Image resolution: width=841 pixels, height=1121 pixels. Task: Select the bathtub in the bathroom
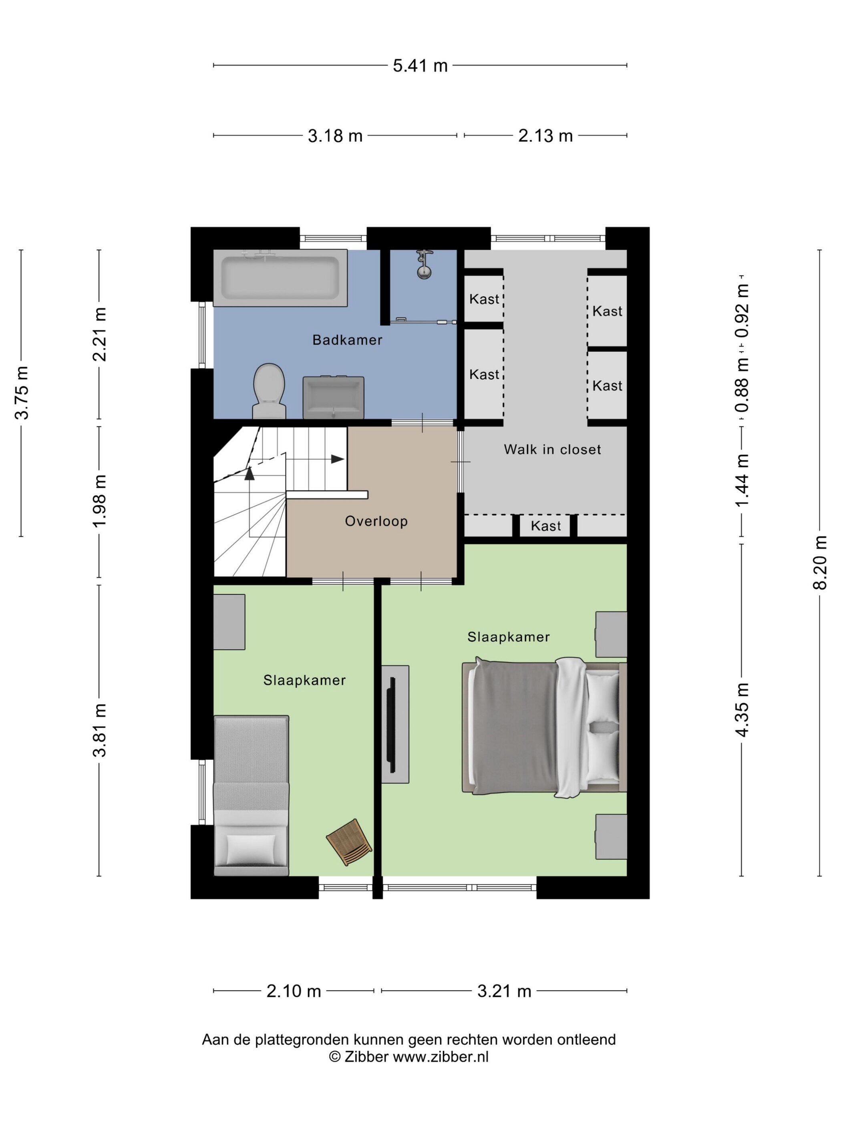[x=280, y=278]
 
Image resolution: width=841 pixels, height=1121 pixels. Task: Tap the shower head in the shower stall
[x=424, y=265]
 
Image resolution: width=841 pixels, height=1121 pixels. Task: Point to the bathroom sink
[x=333, y=397]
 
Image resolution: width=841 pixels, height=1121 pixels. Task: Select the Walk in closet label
[x=552, y=450]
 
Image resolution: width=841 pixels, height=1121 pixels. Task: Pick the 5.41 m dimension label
[x=420, y=65]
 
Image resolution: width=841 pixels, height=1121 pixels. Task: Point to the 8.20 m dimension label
[x=820, y=563]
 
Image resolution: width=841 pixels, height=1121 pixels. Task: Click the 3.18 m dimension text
[x=335, y=136]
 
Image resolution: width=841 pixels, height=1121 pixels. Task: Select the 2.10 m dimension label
[x=294, y=991]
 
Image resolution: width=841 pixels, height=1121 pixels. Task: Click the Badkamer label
[x=347, y=340]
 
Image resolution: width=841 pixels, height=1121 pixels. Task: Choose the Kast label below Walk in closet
[x=545, y=526]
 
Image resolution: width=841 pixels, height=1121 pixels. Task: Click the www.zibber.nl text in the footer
[x=441, y=1057]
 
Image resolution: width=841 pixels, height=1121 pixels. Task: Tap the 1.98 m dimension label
[x=100, y=502]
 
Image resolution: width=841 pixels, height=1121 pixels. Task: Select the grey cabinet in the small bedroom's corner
[x=229, y=622]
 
